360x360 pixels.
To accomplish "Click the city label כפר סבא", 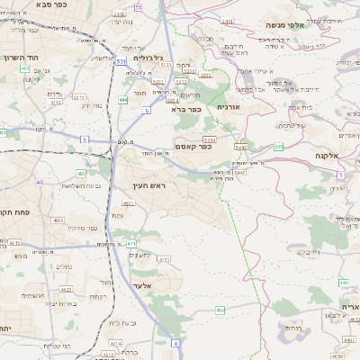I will [x=34, y=4].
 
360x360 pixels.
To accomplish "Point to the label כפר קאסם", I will [x=193, y=147].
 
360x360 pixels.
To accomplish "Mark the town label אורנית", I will [x=229, y=106].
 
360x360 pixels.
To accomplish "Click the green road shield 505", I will [x=279, y=146].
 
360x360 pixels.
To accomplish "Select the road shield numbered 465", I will [x=220, y=310].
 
